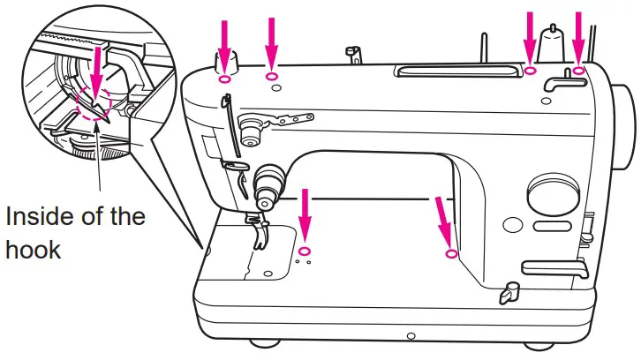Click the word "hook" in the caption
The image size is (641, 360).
[x=33, y=249]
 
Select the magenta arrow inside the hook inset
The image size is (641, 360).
[x=95, y=71]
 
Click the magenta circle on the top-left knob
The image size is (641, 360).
[x=223, y=79]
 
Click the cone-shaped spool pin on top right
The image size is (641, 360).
[x=554, y=44]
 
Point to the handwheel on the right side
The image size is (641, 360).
[x=629, y=124]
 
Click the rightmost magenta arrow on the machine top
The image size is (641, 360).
[x=580, y=35]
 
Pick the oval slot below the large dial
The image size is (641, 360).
[x=552, y=227]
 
